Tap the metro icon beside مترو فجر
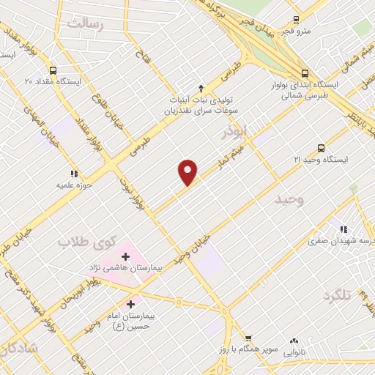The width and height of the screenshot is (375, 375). pos(296,20)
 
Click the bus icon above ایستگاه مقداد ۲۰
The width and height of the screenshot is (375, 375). pos(52,70)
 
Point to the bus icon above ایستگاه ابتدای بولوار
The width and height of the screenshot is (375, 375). pos(304,73)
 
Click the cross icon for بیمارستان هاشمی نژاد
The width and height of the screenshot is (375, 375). pos(125,256)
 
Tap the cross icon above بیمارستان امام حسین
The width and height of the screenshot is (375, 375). pos(131,304)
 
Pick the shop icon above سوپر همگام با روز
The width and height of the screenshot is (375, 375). pos(249,338)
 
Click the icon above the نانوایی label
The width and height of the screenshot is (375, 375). pos(294,341)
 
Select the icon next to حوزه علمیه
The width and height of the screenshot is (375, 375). pos(74,174)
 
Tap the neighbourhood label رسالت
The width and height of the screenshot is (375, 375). pos(86,24)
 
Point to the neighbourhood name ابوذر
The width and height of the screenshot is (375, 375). pos(236,132)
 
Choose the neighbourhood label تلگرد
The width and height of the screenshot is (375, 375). pos(338,294)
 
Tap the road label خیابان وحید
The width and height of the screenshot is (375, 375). pos(193,249)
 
